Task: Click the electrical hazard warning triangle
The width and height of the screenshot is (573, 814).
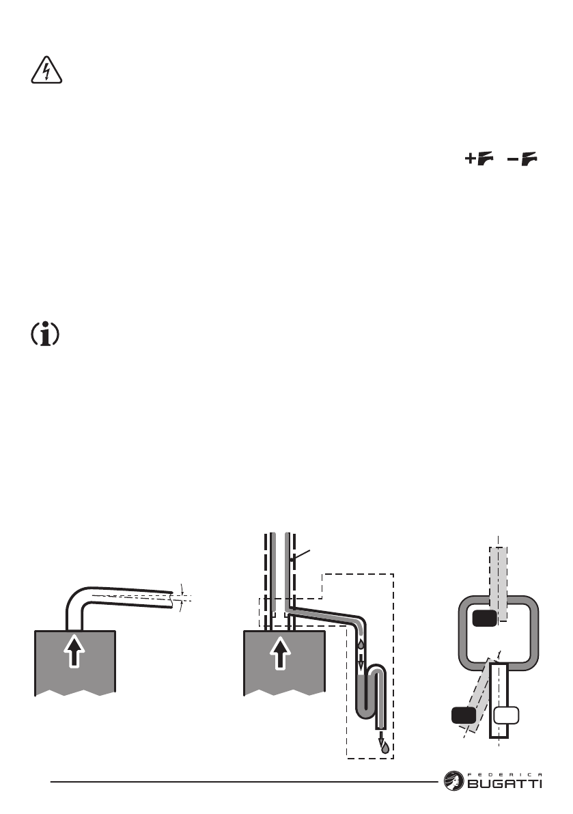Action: pos(46,70)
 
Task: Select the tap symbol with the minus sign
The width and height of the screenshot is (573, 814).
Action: pos(523,160)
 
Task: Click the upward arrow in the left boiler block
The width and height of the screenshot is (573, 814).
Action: pos(75,653)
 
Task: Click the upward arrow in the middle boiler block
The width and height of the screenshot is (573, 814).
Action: pos(285,653)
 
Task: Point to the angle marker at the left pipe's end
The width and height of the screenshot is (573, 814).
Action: pos(182,594)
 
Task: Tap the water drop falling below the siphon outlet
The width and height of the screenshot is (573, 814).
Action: pos(385,746)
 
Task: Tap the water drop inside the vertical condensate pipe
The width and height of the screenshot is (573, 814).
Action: pos(361,642)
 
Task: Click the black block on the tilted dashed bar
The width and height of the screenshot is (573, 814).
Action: pos(464,717)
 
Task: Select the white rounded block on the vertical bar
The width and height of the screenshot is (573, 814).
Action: pos(507,716)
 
